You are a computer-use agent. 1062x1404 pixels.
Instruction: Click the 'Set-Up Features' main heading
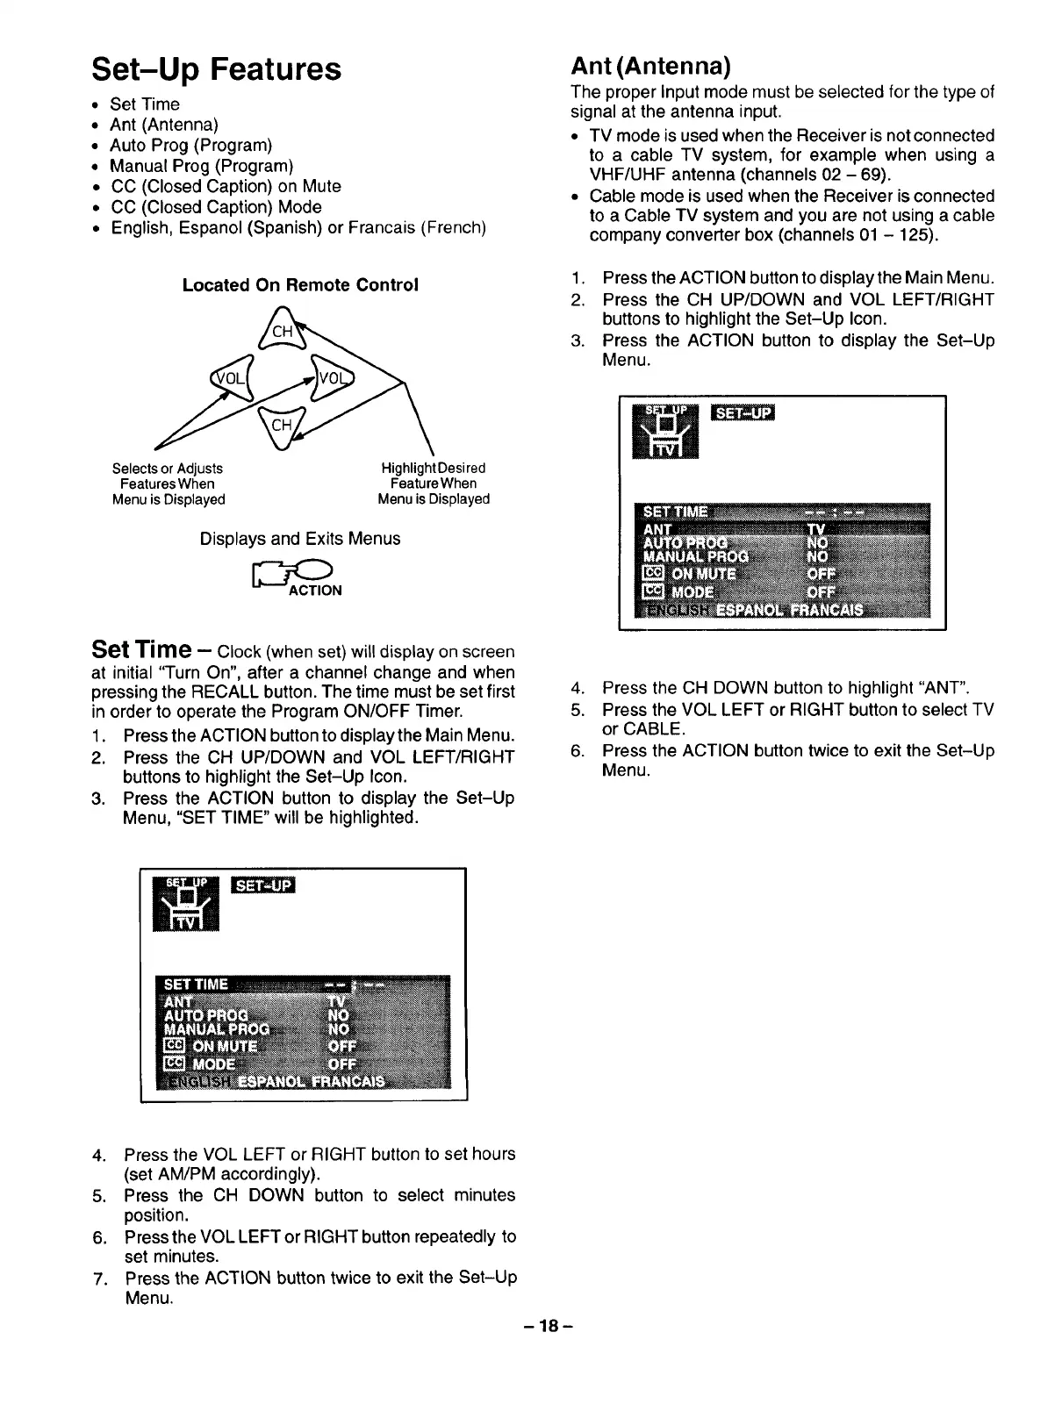pos(216,68)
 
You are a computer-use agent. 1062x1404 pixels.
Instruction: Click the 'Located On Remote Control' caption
pos(300,285)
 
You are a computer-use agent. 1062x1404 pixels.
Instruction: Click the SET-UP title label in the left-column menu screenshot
pos(263,885)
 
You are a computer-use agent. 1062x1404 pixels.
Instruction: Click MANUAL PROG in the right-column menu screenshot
pos(696,556)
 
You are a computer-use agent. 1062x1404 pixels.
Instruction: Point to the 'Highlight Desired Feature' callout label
pos(434,484)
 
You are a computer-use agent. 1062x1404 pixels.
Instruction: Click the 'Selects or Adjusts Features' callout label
pos(168,484)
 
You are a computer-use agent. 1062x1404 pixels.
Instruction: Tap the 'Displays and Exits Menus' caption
pos(300,539)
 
